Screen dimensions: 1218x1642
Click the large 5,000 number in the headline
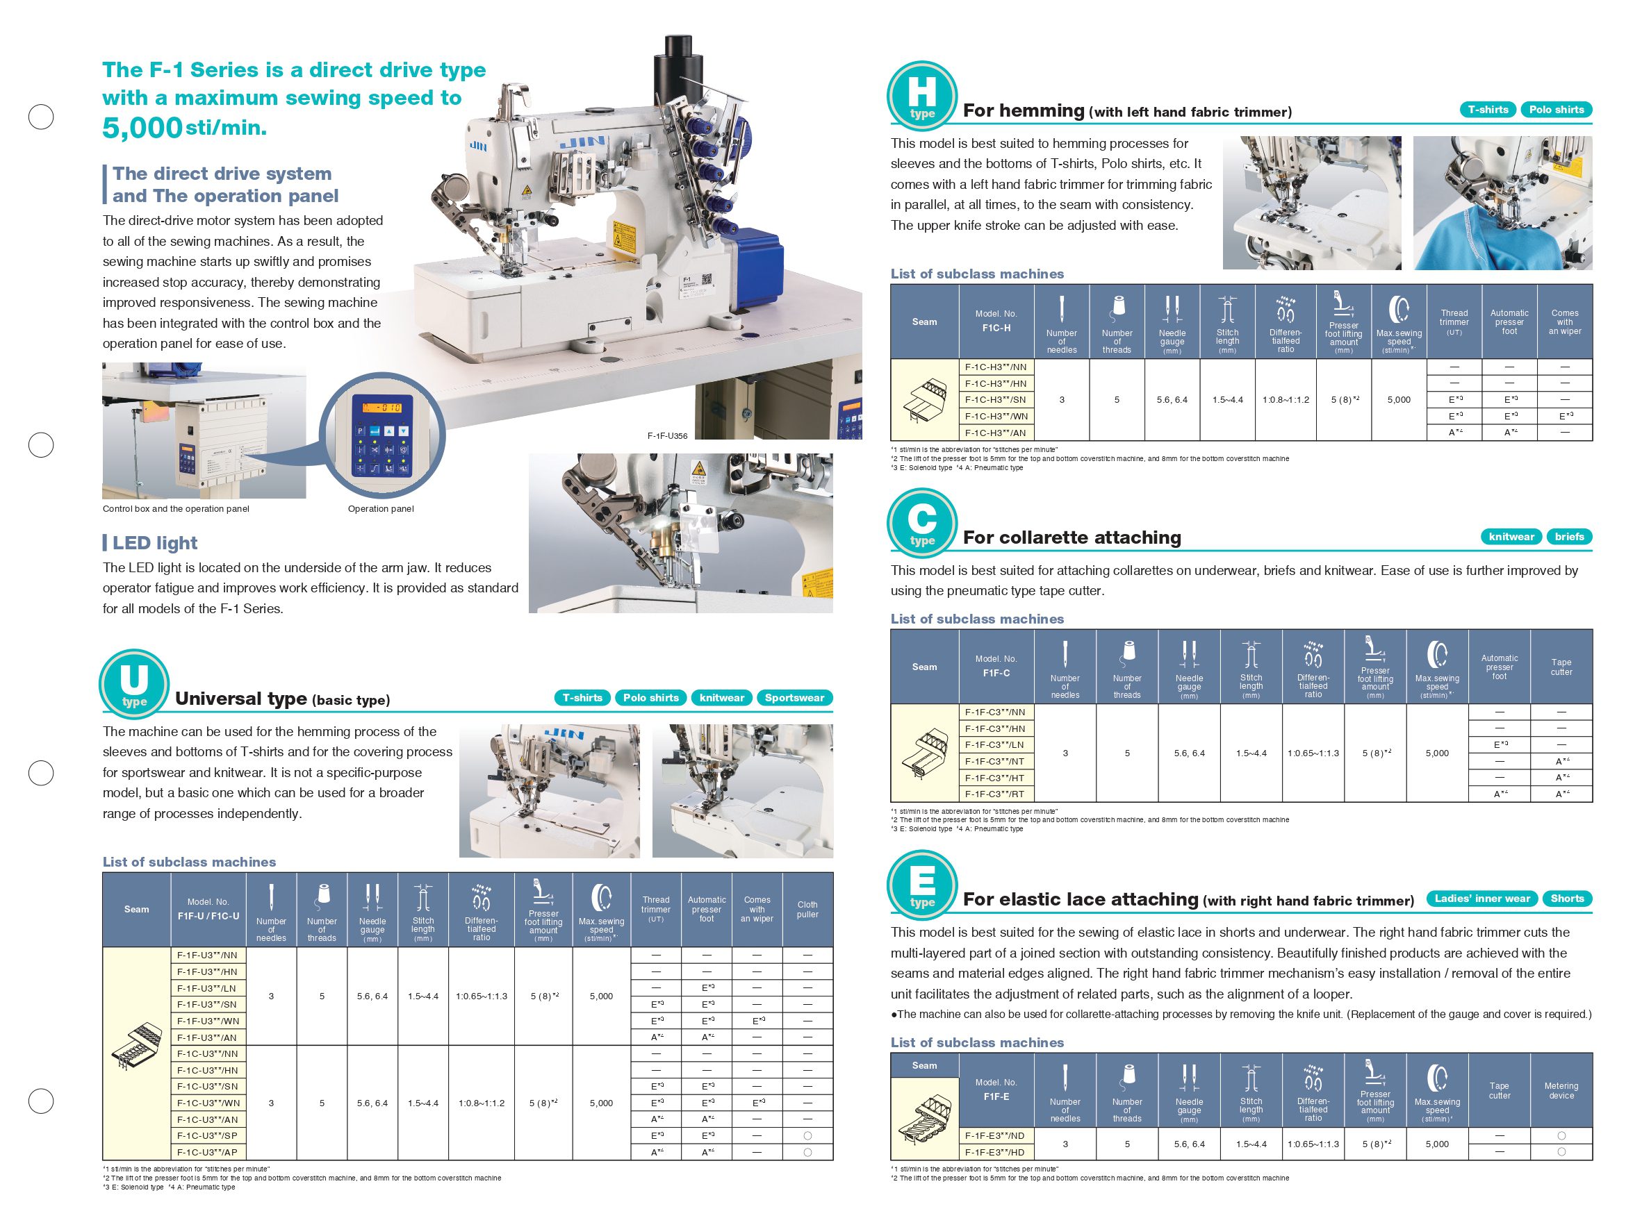coord(142,128)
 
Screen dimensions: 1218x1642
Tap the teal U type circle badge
coord(134,683)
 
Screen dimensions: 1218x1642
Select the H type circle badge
coord(921,96)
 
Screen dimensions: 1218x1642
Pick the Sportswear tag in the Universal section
coord(794,697)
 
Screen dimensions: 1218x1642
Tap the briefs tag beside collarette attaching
coord(1568,536)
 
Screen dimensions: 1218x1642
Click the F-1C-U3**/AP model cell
coord(207,1151)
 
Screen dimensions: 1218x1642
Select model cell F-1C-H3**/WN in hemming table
coord(995,416)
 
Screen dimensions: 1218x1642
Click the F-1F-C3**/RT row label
coord(995,794)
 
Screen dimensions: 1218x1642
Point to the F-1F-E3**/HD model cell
coord(995,1151)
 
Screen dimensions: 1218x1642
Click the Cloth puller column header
coord(807,909)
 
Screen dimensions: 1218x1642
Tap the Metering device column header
coord(1561,1090)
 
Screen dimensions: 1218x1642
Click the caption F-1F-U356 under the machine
coord(667,435)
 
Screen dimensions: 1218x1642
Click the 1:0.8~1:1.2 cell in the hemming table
coord(1285,399)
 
